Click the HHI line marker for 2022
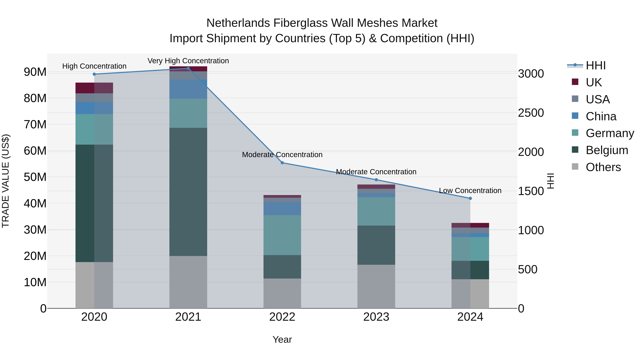point(282,163)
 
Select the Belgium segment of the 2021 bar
point(188,192)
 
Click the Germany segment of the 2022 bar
point(282,235)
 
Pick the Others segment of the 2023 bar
point(376,286)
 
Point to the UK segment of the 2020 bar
point(94,88)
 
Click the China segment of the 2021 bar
point(188,89)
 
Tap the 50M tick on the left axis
point(35,177)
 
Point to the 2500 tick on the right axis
point(531,113)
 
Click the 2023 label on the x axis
point(376,317)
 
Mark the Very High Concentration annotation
point(188,61)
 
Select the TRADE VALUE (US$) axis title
point(6,181)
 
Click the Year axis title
point(282,339)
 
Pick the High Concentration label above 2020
point(94,66)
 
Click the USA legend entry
point(597,99)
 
